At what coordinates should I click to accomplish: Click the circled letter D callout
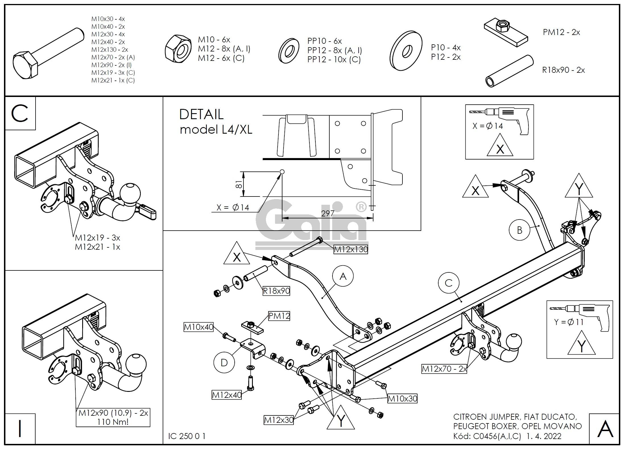pos(224,363)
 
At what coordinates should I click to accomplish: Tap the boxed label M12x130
pos(351,249)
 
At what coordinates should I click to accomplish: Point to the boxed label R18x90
pos(276,291)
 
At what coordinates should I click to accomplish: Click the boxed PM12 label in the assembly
pos(279,316)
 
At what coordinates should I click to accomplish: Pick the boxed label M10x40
pos(199,327)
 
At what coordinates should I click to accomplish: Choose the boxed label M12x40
pos(227,395)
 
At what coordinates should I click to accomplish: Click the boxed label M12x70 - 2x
pos(444,369)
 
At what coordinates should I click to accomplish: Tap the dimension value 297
pos(327,214)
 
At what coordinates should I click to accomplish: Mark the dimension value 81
pos(239,184)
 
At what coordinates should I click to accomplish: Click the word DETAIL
pos(201,115)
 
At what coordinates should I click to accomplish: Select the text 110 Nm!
pos(113,422)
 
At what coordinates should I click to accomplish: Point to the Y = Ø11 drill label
pos(569,322)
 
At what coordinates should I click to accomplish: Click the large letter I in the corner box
pos(20,429)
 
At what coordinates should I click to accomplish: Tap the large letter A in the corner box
pos(605,429)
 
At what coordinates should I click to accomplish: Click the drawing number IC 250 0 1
pos(187,436)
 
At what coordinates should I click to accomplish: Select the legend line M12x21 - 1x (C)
pos(113,80)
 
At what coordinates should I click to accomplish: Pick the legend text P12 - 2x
pos(446,57)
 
